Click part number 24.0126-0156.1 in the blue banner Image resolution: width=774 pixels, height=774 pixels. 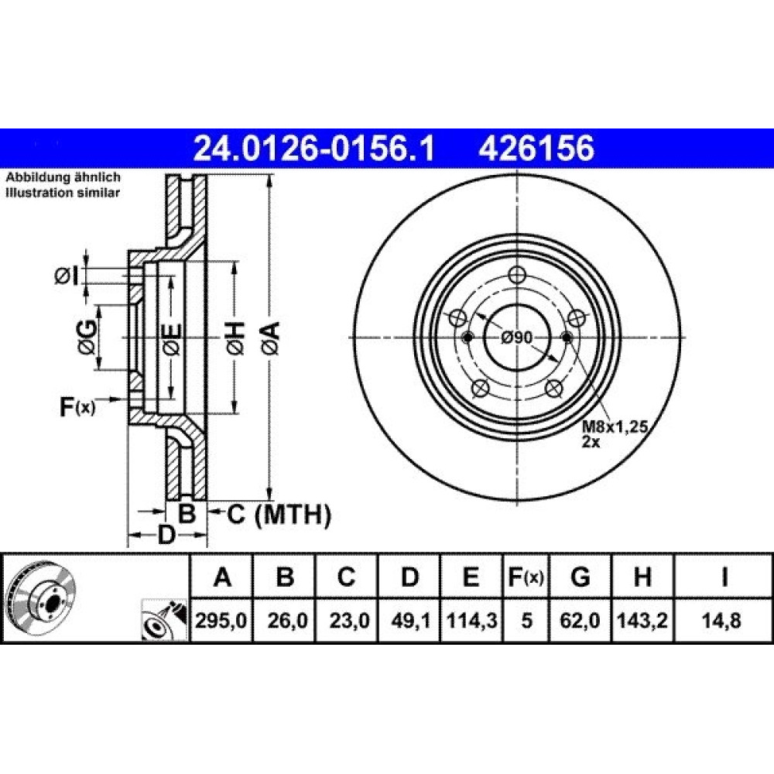(x=314, y=149)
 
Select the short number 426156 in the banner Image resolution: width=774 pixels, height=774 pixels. (x=536, y=149)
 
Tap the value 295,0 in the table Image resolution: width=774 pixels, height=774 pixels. (x=221, y=621)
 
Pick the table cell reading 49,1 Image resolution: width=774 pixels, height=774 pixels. (x=408, y=621)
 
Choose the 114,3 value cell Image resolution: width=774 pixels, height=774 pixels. (x=471, y=621)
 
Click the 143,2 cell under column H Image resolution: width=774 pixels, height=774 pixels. (x=642, y=621)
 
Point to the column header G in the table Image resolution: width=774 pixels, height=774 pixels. (x=580, y=577)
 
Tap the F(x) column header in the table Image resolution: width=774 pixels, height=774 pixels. (x=526, y=577)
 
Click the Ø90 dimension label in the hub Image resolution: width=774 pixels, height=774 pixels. (x=516, y=337)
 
